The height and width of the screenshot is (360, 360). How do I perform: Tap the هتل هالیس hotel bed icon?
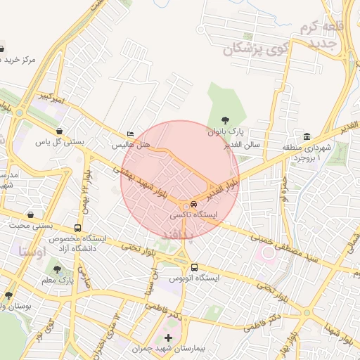pos(130,134)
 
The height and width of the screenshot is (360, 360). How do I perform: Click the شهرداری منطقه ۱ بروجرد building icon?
pos(307,136)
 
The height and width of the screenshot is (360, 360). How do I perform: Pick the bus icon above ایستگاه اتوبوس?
pos(194,267)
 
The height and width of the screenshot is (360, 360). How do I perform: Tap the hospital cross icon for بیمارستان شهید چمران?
pos(167,338)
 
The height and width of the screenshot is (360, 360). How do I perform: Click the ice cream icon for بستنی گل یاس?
pos(60,130)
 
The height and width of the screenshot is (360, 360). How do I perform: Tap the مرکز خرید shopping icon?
pos(3,49)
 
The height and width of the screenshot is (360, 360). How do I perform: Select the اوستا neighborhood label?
pos(33,250)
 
